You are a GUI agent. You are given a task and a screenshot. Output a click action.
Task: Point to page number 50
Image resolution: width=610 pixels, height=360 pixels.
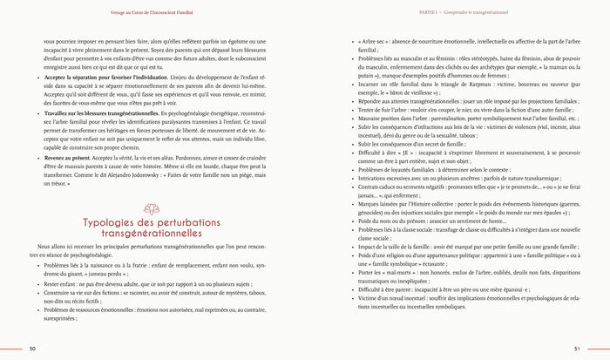click(x=31, y=349)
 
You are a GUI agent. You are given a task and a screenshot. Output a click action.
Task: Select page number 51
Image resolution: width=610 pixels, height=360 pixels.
click(x=576, y=349)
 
